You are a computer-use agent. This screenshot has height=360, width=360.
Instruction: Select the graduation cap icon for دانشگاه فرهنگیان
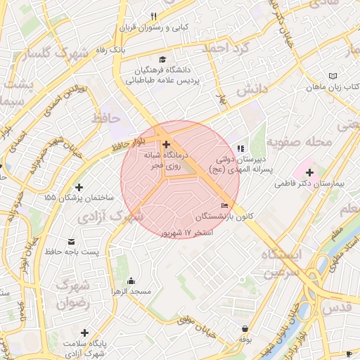click(163, 60)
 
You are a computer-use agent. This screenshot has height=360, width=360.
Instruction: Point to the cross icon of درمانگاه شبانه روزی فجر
click(166, 143)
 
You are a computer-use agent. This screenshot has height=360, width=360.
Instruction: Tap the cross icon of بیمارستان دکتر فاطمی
click(309, 172)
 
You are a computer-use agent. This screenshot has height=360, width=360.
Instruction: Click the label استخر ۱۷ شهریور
click(186, 231)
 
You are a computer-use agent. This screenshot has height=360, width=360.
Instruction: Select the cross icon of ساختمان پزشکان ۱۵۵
click(79, 188)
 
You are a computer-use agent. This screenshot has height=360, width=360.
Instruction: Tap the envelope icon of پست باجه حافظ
click(73, 240)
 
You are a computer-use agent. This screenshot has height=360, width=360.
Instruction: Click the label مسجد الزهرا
click(129, 290)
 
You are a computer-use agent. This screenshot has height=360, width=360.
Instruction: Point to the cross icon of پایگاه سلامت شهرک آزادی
click(85, 333)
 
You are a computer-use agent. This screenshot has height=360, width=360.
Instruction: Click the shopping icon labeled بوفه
click(244, 328)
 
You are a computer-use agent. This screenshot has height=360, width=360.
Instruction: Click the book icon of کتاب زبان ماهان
click(333, 77)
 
